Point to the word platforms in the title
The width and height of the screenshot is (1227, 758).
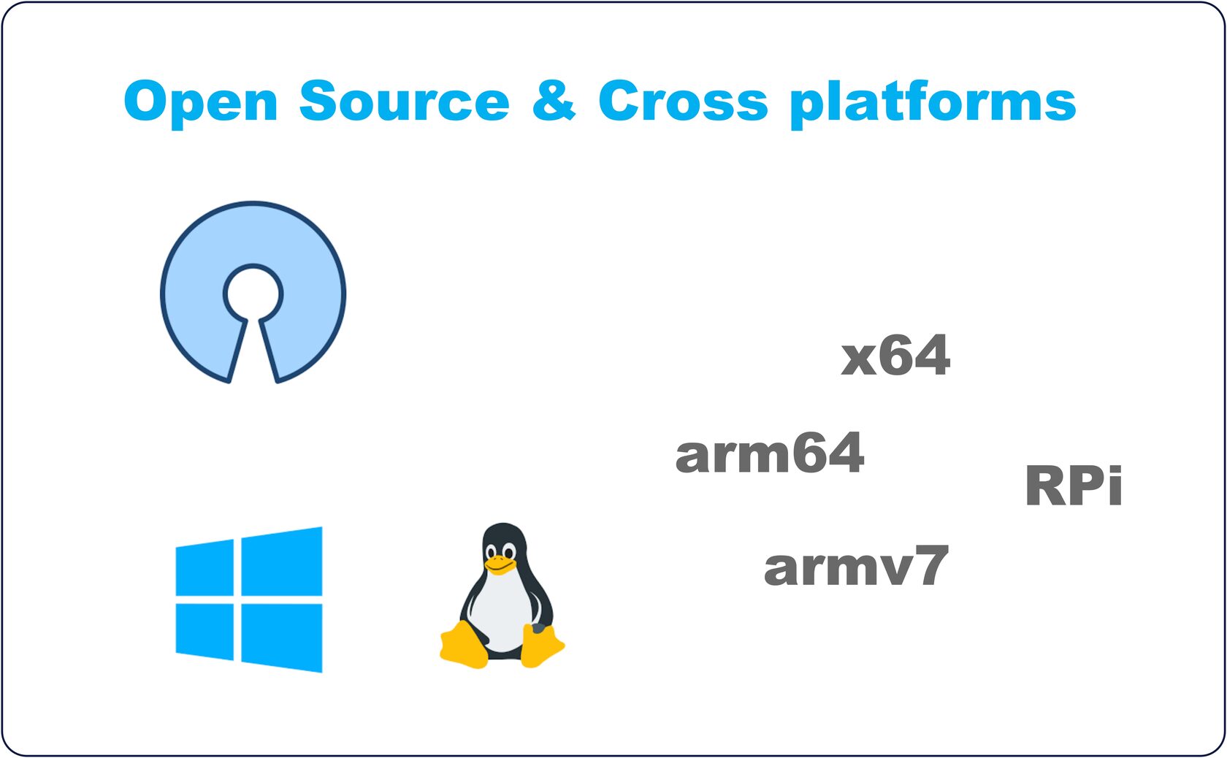pyautogui.click(x=933, y=102)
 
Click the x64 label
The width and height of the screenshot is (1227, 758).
pyautogui.click(x=895, y=356)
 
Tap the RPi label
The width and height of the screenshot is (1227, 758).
pyautogui.click(x=1073, y=486)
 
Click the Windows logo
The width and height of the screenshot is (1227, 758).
pyautogui.click(x=249, y=599)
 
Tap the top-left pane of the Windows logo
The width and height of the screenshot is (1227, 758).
pyautogui.click(x=205, y=568)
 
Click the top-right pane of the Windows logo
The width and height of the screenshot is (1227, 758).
pyautogui.click(x=282, y=562)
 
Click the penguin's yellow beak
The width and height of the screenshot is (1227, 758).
pyautogui.click(x=500, y=564)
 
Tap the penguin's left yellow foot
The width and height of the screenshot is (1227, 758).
pyautogui.click(x=462, y=646)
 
